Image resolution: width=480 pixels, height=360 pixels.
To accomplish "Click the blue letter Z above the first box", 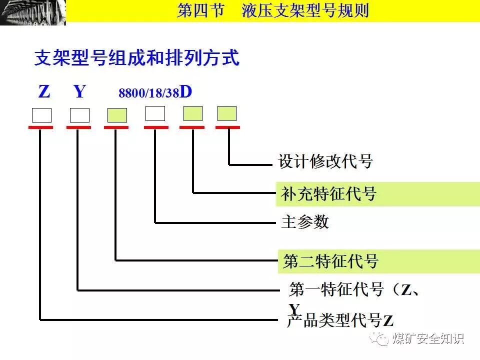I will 44,92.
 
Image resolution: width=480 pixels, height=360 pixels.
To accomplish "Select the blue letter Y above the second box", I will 79,92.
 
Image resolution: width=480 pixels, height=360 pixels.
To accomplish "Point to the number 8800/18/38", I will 148,94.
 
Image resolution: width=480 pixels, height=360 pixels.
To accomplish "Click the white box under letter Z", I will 41,115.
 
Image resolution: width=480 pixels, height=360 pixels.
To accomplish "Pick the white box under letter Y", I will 79,115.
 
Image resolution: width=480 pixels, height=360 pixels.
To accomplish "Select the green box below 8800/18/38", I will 117,115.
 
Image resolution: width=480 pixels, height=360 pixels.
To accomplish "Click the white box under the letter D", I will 155,113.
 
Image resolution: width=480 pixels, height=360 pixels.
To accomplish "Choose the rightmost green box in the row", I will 227,113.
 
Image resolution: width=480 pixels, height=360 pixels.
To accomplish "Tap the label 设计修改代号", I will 325,161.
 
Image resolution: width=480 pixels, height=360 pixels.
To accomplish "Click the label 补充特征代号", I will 325,194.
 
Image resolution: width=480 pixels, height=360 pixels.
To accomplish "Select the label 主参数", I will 305,221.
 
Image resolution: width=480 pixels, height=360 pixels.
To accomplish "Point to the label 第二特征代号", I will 330,261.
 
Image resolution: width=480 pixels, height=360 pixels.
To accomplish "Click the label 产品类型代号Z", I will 340,320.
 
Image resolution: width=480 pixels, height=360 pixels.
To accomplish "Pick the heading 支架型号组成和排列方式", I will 136,58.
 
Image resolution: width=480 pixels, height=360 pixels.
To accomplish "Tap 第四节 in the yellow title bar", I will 200,10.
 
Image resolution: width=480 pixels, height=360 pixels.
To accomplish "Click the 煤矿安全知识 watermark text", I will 428,338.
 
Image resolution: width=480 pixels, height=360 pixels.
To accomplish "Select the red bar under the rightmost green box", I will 227,127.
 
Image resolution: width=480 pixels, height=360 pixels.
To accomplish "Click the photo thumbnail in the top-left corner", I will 33,12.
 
